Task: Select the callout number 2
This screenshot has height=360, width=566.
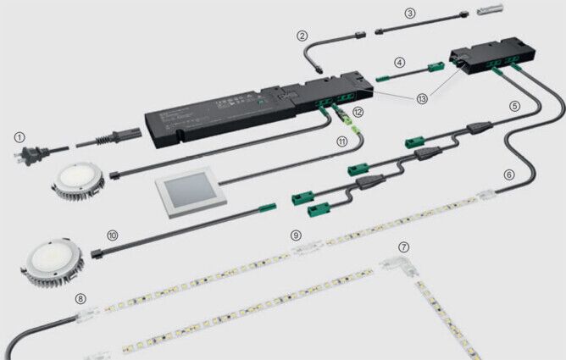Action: pos(302,36)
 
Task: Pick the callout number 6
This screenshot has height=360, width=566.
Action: pos(508,174)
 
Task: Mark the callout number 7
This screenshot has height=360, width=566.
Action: pos(403,246)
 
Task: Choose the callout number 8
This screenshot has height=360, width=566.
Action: pos(80,298)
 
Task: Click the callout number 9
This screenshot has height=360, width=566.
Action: pos(296,234)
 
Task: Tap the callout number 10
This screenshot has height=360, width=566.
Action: pos(113,233)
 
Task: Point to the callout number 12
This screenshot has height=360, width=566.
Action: pos(358,112)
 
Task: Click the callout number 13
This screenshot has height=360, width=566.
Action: pos(422,98)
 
